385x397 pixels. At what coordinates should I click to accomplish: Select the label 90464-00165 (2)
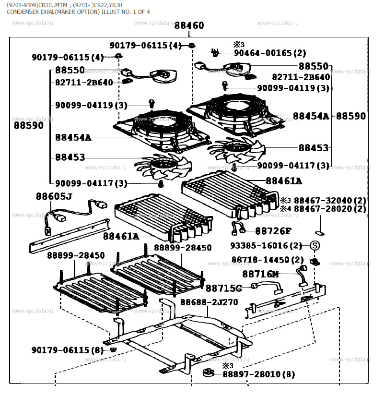(269, 53)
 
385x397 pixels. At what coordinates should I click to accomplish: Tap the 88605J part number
(54, 196)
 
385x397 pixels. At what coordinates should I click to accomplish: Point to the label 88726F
(273, 231)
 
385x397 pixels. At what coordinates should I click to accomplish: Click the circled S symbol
(315, 246)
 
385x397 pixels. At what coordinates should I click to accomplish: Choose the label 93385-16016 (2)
(266, 246)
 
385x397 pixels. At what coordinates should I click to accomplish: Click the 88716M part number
(260, 274)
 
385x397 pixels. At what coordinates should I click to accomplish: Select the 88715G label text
(224, 288)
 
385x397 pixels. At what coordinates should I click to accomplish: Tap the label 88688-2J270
(209, 302)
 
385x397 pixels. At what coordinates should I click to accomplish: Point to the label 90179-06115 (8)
(68, 350)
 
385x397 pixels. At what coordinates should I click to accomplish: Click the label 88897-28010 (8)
(258, 374)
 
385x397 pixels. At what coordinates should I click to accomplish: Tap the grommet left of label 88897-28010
(208, 373)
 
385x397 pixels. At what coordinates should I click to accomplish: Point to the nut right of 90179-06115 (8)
(113, 349)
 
